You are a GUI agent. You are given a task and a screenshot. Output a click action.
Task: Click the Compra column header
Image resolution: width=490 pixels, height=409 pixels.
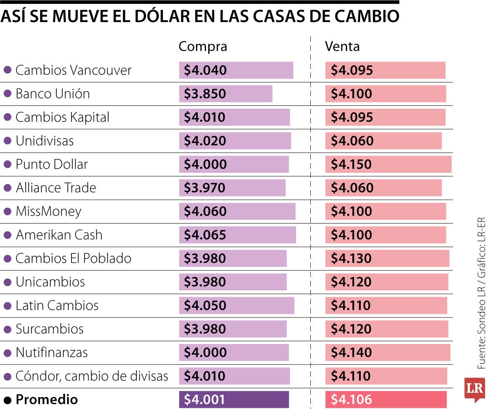point(203,47)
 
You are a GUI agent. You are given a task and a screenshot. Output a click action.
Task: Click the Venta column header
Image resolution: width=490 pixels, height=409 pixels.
point(342,47)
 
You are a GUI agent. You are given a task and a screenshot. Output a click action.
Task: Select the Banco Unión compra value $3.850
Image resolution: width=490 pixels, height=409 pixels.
point(205,94)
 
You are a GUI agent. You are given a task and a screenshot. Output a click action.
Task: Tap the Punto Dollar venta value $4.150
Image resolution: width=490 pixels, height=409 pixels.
point(351,165)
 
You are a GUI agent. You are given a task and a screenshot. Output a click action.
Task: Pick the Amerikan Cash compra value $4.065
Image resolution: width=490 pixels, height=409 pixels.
point(205,235)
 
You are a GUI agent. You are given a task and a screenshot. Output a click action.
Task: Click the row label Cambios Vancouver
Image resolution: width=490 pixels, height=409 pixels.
point(73,70)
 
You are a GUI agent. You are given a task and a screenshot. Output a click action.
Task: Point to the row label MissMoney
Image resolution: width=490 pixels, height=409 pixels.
point(48,212)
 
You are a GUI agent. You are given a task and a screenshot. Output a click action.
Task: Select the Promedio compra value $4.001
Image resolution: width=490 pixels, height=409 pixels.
point(204,400)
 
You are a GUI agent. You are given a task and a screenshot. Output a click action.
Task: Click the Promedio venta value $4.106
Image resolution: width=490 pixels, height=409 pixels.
point(351,400)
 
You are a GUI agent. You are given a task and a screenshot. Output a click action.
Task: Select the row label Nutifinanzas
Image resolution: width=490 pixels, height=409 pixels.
point(51,353)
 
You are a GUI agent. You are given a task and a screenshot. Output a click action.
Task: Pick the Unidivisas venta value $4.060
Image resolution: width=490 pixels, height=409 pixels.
point(351,141)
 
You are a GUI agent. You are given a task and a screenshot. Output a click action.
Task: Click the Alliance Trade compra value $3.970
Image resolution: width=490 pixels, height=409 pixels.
point(204,188)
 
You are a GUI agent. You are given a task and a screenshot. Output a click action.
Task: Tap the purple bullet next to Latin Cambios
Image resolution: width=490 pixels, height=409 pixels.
point(7,306)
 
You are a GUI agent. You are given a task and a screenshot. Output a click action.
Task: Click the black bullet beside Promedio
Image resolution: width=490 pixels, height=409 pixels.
point(7,400)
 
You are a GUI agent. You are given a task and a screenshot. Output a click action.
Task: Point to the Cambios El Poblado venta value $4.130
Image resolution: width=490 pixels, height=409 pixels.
point(351,259)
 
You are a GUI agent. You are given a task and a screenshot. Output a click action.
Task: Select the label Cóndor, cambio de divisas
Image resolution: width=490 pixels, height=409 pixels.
point(92,376)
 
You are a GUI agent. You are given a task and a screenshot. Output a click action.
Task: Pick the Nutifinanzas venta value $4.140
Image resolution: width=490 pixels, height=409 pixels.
point(351,353)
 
